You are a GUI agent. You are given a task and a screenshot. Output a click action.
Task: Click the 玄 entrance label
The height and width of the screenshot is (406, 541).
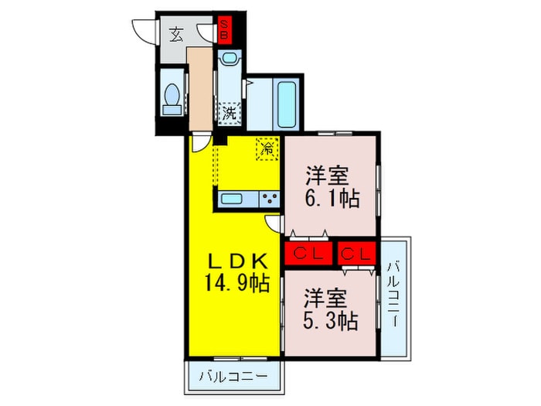coord(177,33)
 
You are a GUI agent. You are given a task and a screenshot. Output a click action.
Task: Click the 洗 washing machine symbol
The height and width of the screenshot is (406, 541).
coord(230,113)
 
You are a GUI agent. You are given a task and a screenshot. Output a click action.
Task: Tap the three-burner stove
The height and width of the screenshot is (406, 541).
coord(270,199)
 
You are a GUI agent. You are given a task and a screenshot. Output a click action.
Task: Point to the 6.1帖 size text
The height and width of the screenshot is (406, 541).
coord(332,198)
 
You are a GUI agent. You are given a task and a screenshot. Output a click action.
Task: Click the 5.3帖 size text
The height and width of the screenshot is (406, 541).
coord(331,319)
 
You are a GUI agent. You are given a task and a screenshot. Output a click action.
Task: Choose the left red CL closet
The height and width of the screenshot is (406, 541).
coord(308,253)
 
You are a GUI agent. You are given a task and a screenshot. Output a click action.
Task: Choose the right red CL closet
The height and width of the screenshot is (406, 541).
coord(356,253)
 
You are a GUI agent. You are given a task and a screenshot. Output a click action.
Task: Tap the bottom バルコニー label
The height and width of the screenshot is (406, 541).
coord(233,378)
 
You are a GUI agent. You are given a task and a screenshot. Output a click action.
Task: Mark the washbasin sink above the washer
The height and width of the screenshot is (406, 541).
coord(230,60)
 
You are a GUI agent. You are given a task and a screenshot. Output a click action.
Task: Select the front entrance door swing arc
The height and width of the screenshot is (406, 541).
coord(145,29)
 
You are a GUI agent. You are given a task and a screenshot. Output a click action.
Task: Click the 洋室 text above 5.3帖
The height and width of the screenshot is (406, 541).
coord(323,296)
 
